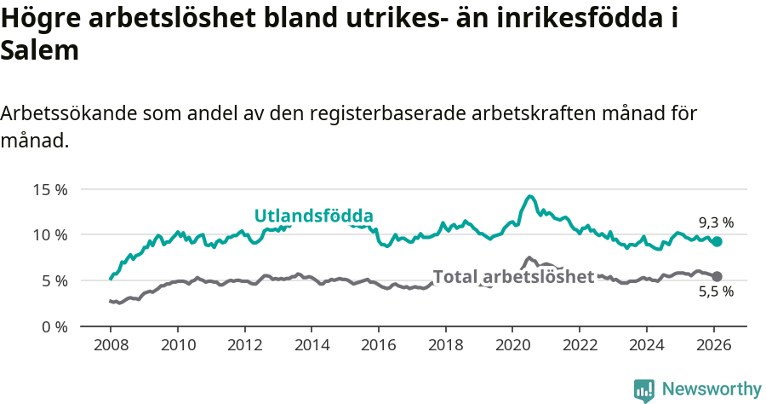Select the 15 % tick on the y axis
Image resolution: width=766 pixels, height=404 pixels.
(50, 189)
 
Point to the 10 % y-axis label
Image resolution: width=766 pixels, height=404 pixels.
(50, 234)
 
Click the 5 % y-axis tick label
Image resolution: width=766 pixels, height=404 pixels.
(54, 280)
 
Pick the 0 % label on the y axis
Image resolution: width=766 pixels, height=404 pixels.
(54, 326)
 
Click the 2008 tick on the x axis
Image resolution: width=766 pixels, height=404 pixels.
(111, 346)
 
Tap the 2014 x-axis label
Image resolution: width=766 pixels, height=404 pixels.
(312, 346)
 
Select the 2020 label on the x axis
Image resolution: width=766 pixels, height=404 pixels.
(512, 346)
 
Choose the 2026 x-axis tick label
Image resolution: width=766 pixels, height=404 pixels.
(712, 346)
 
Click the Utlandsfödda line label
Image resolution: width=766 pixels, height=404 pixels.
(314, 216)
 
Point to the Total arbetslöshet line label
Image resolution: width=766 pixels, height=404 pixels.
(513, 276)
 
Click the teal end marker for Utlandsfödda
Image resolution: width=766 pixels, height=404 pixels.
(717, 242)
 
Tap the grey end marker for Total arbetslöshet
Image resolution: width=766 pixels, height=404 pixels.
(717, 276)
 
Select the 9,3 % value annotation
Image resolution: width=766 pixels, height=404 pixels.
(716, 223)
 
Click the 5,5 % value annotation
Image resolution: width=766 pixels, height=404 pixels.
(716, 292)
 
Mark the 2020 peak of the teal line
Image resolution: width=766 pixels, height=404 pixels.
(529, 196)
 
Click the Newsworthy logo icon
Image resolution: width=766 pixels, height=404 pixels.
(643, 390)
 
